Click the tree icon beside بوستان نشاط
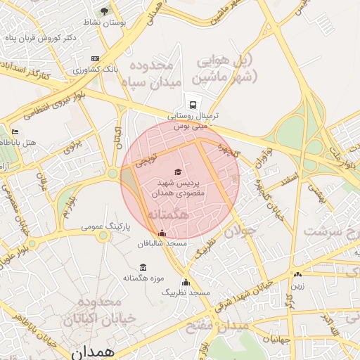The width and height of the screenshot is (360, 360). point(105,11)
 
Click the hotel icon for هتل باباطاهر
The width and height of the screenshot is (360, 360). point(15,131)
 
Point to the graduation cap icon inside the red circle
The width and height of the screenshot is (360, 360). point(177,172)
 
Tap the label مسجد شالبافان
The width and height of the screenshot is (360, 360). point(162,243)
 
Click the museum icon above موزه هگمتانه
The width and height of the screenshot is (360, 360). point(143,267)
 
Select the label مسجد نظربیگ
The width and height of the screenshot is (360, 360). point(186,291)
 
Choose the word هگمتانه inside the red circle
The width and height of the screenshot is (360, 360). point(167,213)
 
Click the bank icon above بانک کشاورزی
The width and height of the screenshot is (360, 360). point(96,58)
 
